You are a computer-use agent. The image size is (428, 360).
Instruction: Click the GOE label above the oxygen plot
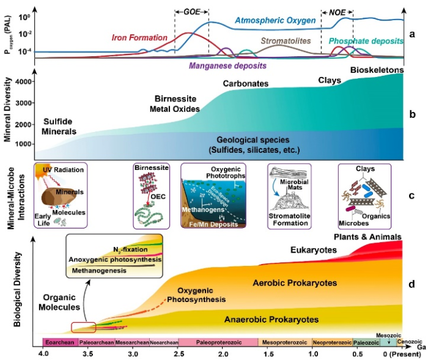click(191, 12)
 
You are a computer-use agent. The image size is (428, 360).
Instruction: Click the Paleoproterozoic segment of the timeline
click(217, 342)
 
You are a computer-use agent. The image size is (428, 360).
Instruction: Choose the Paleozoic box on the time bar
click(365, 342)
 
